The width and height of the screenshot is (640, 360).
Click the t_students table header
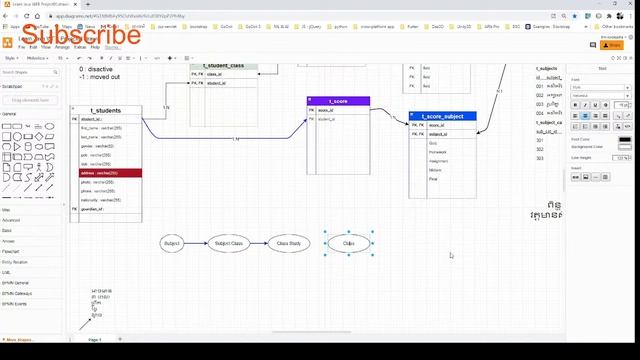click(x=106, y=110)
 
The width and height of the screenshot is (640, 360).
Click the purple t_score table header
click(x=338, y=101)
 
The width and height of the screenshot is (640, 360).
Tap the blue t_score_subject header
click(x=442, y=116)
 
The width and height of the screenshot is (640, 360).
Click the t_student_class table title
click(x=224, y=65)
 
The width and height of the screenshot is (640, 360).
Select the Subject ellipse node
click(x=172, y=243)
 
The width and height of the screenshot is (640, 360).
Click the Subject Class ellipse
click(x=229, y=243)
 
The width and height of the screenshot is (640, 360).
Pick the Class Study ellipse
click(x=288, y=243)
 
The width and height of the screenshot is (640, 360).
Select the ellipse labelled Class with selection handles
click(x=349, y=243)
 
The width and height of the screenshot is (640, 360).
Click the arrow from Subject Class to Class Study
click(x=259, y=243)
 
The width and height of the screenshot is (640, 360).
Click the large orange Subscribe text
click(x=79, y=36)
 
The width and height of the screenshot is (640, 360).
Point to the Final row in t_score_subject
click(x=434, y=179)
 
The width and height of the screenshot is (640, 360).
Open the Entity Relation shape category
click(x=17, y=262)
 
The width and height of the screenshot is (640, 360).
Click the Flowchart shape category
click(x=11, y=251)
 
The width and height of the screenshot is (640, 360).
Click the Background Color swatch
click(x=625, y=146)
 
